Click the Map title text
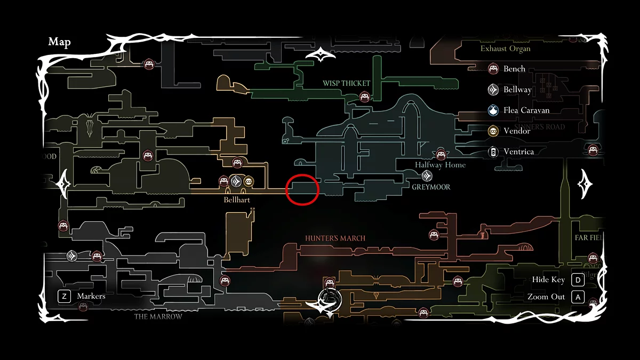pos(59,42)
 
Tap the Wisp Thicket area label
pos(346,83)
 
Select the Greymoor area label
pos(431,187)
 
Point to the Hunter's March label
pos(335,238)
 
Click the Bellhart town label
pos(237,200)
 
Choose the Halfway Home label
pos(440,165)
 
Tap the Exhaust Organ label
pos(505,49)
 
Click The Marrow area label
pos(158,316)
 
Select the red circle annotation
pos(302,189)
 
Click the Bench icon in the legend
pos(493,69)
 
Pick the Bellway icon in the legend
pos(493,90)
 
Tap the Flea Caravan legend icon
pos(493,110)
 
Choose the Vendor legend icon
pos(493,131)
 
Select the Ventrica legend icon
pos(493,151)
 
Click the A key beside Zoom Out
pos(578,297)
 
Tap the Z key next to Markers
pos(64,296)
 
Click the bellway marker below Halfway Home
pos(427,175)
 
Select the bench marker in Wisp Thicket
pos(365,97)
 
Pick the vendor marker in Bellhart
pos(249,181)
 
